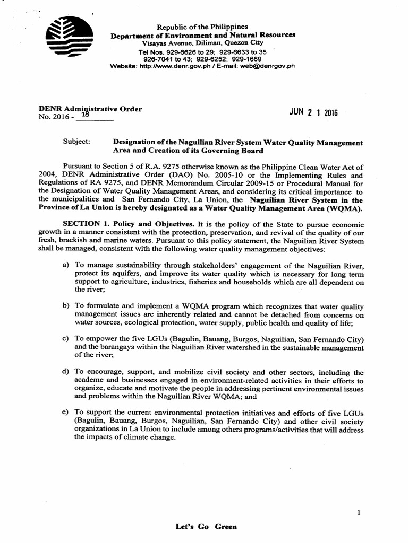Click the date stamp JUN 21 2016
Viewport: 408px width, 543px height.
tap(313, 113)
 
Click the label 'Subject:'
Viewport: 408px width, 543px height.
tap(76, 143)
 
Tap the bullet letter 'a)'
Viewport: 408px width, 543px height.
tap(66, 265)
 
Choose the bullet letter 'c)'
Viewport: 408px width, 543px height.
tap(66, 339)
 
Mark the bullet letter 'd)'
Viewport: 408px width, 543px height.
tap(66, 372)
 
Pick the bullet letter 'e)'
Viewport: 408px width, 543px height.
tap(66, 412)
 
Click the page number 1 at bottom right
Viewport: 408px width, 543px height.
tap(360, 513)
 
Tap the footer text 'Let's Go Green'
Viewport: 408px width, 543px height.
tap(206, 527)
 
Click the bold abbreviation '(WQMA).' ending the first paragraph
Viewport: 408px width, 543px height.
tap(341, 208)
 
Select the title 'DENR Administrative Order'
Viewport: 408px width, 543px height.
tap(90, 109)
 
